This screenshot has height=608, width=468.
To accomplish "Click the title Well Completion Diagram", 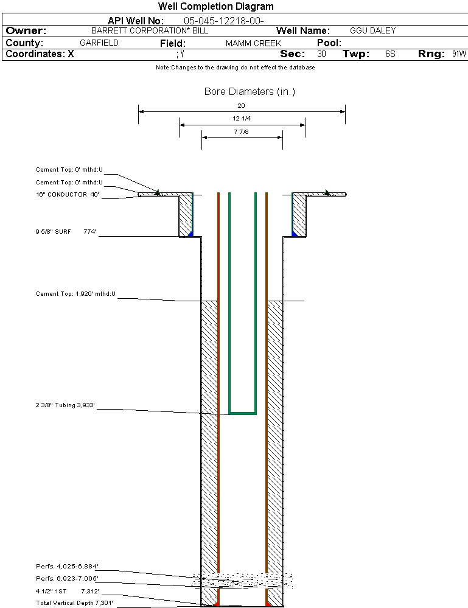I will click(216, 7).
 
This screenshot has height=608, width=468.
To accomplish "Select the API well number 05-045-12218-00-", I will click(224, 21).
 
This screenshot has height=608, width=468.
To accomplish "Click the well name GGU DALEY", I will click(373, 30).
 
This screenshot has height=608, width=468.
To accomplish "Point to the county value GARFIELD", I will click(99, 43).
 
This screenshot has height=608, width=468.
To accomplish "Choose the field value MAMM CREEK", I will click(254, 44).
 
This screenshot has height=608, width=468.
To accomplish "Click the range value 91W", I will click(459, 54).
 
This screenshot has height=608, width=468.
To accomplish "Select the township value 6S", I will click(390, 54).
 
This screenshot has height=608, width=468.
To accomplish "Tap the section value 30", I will click(322, 54).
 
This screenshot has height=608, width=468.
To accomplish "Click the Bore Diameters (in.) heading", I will click(250, 92).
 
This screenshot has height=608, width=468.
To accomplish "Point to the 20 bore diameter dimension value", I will click(241, 106).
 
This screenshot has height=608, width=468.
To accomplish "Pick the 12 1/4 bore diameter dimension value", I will click(242, 118).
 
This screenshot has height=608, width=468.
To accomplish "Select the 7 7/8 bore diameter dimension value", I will click(242, 131).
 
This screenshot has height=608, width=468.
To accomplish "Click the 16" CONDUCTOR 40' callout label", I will click(68, 195).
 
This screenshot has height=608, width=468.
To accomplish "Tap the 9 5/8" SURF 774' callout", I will click(66, 232).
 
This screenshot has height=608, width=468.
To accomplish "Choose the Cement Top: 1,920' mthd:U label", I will click(75, 294).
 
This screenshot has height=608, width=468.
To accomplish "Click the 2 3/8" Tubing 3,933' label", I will click(66, 405).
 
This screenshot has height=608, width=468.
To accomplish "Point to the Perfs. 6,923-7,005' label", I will click(67, 578).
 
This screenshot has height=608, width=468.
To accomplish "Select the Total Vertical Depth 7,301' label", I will click(75, 603).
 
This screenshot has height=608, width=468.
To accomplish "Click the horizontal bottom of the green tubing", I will click(242, 413).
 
